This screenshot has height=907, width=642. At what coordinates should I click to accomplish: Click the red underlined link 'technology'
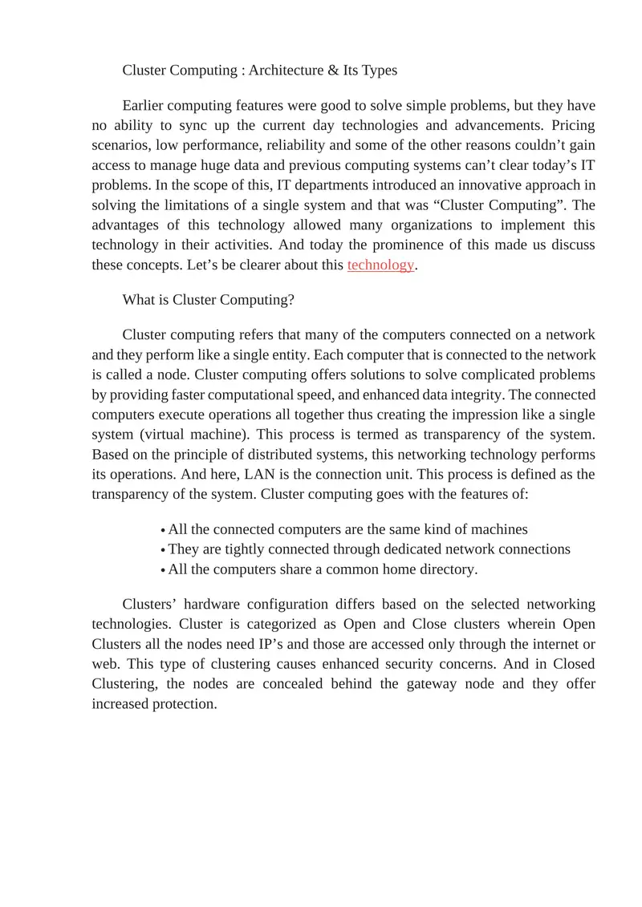point(380,265)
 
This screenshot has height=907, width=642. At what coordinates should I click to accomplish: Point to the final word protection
point(183,704)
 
